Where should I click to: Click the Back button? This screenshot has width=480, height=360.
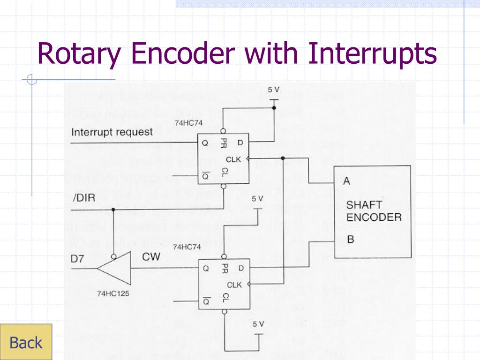coord(26,342)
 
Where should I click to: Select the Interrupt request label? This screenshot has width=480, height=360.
coord(112,132)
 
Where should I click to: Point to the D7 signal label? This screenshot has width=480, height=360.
coord(79,259)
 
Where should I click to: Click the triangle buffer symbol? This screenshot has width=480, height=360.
coord(114,269)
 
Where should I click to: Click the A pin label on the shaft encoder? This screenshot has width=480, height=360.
coord(346,180)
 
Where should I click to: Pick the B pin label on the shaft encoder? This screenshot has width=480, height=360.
coord(350,240)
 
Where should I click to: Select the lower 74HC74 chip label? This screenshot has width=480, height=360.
coord(187,247)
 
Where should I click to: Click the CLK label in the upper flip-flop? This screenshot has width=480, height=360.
coord(233,159)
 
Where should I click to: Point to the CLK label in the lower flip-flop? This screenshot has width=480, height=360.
coord(234,285)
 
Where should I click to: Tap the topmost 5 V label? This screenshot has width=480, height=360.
coord(274,90)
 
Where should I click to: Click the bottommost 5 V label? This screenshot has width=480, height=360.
coord(259,324)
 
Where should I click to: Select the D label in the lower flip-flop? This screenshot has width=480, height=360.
coord(241,269)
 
